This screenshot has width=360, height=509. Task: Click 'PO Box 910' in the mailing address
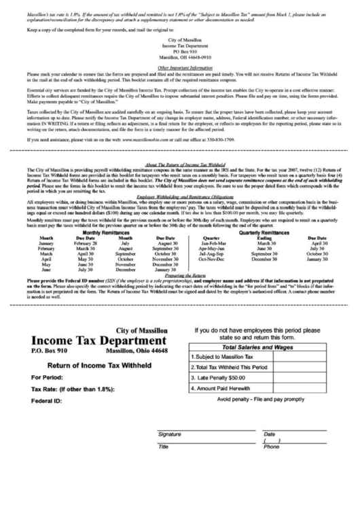pos(179,52)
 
